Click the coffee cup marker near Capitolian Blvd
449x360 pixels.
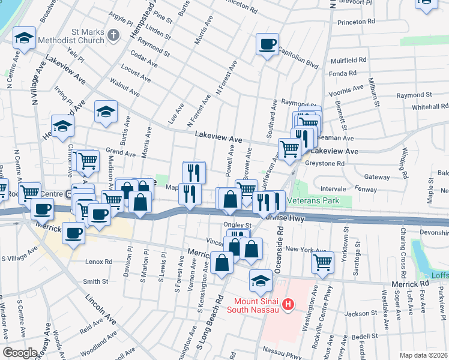pos(267,44)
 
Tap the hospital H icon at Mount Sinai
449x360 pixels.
pos(288,305)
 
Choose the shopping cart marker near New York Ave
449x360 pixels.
pos(322,262)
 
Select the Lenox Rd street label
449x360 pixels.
pos(98,262)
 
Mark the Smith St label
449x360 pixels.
pos(95,281)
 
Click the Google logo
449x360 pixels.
pos(20,353)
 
